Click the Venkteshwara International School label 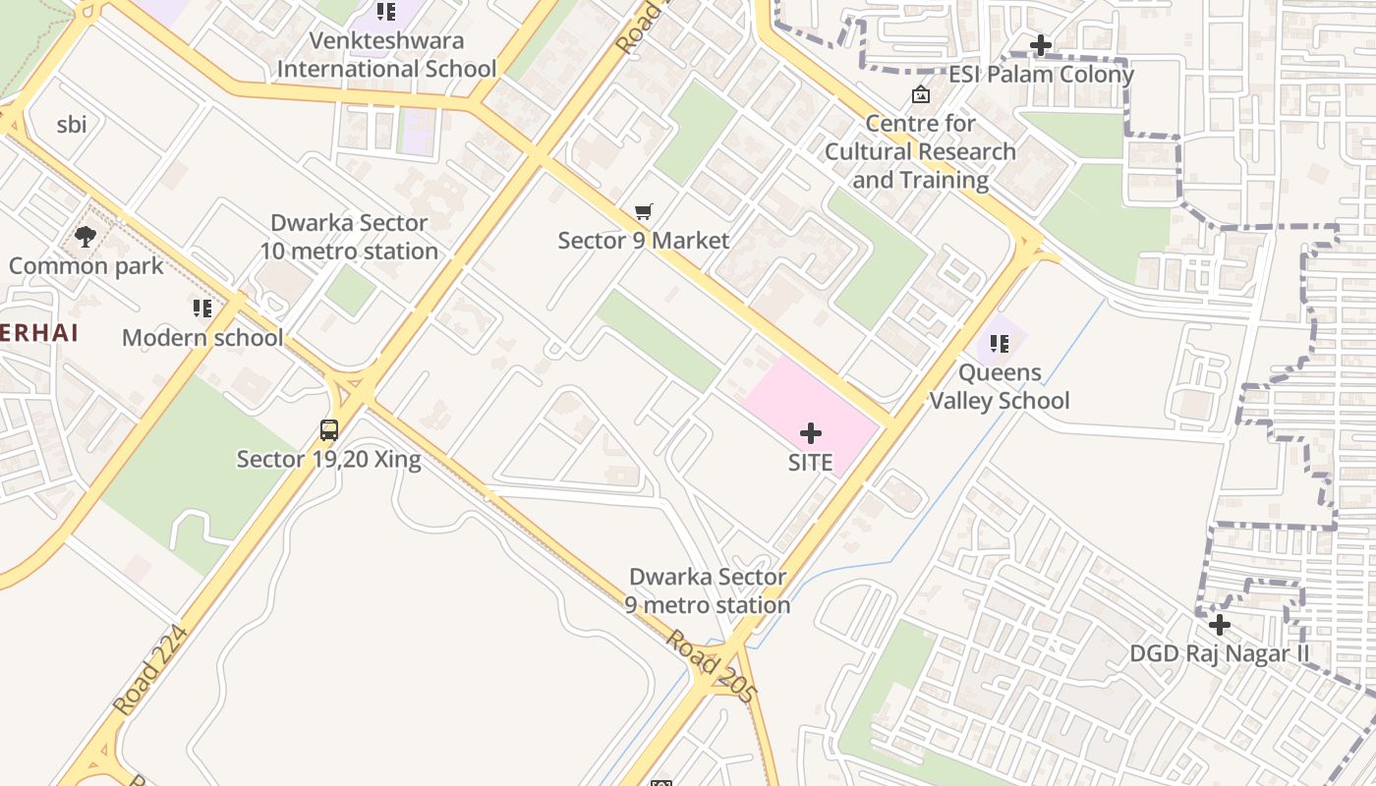[x=386, y=55]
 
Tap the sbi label [x=72, y=125]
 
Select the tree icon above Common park [x=86, y=237]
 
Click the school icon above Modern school [x=202, y=309]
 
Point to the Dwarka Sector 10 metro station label [x=349, y=237]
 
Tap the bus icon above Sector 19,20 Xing [x=329, y=430]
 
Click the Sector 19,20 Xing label [x=328, y=459]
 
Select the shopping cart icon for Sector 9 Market [x=644, y=212]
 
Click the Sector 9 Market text [x=644, y=241]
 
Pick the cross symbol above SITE [x=811, y=433]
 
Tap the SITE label [x=811, y=463]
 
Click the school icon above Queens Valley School [x=1000, y=344]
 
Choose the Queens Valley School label [x=1000, y=386]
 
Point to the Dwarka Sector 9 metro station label [x=708, y=590]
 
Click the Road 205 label [x=712, y=666]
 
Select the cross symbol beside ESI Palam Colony [x=1041, y=45]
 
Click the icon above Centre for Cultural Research [x=921, y=94]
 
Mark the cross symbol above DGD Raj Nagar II [x=1220, y=625]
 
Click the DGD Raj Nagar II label [x=1220, y=653]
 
